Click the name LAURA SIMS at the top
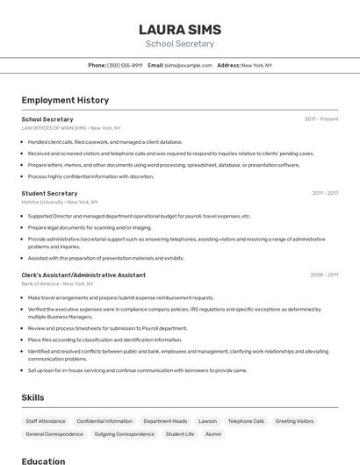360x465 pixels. coord(179,29)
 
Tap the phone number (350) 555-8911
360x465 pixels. coord(125,65)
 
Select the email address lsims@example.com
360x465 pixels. coord(189,65)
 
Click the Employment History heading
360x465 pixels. coord(65,100)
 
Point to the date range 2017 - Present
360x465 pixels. coord(321,118)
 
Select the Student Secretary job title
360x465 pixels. coord(49,193)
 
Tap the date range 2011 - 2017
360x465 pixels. coord(325,193)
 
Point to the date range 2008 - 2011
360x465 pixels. coord(324,275)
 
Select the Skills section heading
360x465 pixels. coord(32,397)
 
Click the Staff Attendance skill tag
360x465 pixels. coord(46,421)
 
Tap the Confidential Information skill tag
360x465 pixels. coord(104,421)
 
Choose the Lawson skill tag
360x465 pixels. coord(207,421)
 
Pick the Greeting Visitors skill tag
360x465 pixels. coord(294,421)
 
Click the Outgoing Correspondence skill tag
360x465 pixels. coord(124,434)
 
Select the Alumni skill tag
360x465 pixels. coord(213,434)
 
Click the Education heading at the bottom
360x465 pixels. coord(43,461)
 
